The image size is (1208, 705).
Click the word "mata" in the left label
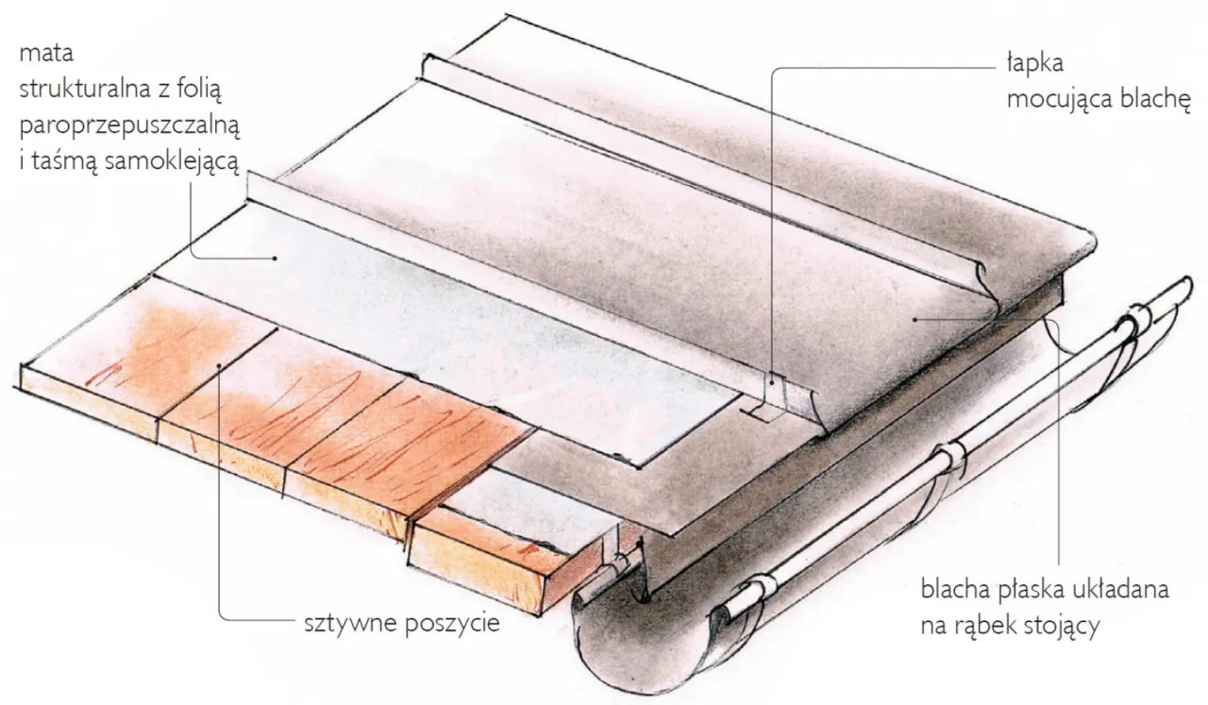(46, 54)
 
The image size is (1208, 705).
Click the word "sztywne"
(350, 624)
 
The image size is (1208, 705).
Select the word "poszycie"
(452, 624)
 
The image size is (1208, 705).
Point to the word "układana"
(1120, 589)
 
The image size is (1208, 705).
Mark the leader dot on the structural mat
(275, 259)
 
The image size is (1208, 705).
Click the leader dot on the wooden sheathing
(220, 366)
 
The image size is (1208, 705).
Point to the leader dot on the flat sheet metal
(914, 319)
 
